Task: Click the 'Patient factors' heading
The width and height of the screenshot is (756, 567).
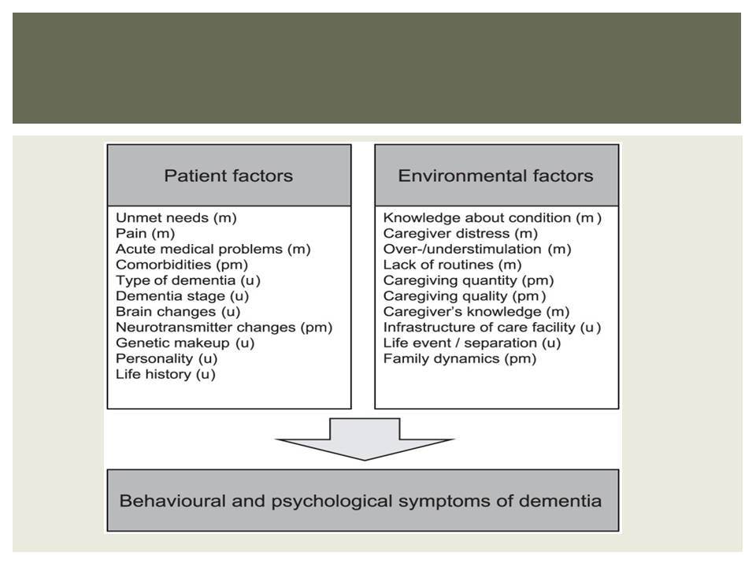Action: tap(228, 176)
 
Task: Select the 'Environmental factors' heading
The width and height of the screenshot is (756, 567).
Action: tap(495, 176)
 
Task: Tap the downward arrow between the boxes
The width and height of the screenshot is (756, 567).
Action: tap(365, 439)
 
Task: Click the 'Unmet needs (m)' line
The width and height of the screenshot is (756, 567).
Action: tap(176, 218)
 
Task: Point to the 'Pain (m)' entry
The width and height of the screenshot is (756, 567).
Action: tap(145, 233)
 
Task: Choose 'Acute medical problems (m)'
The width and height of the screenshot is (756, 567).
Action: tap(213, 250)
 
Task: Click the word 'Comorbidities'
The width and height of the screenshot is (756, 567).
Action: tap(164, 265)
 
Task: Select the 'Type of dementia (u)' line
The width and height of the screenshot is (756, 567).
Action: tap(188, 280)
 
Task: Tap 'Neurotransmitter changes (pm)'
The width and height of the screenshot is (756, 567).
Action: tap(224, 328)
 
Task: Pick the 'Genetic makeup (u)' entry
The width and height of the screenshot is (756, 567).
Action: tap(185, 343)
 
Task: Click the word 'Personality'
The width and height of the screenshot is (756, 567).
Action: tap(154, 359)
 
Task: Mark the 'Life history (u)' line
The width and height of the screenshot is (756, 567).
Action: tap(165, 374)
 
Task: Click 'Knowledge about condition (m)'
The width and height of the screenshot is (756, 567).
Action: tap(492, 218)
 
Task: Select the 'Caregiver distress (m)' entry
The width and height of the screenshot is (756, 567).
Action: tap(461, 233)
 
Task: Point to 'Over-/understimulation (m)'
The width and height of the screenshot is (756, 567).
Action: tap(477, 250)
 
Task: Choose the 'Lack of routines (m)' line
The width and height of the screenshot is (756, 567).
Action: tap(452, 265)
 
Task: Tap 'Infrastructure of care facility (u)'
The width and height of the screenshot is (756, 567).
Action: tap(492, 328)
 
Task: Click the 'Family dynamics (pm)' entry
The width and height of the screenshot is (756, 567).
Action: tap(460, 359)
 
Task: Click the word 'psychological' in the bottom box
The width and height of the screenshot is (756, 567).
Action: tap(332, 502)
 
